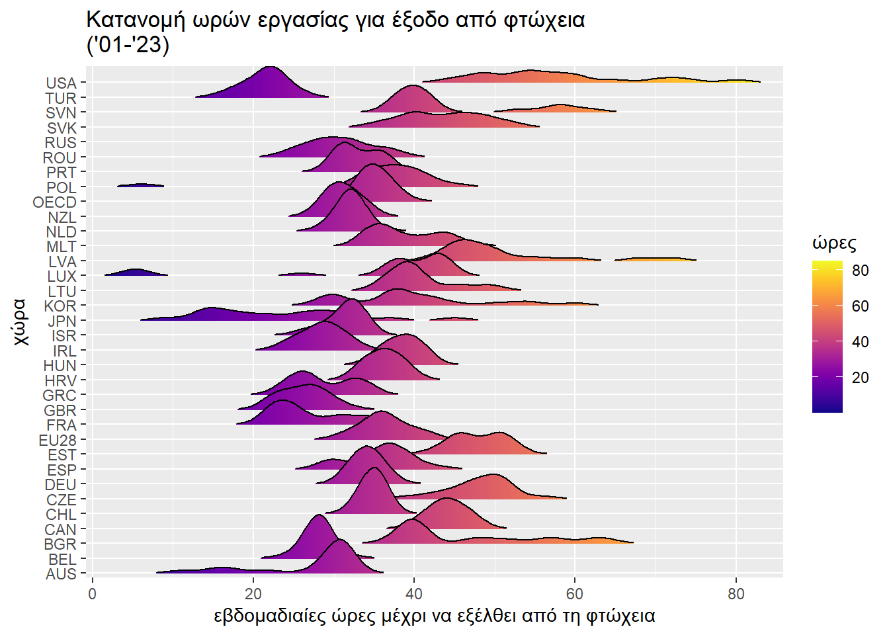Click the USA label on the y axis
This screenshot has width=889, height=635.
click(61, 83)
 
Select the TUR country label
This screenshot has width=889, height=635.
click(61, 99)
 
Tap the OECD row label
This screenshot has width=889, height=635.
click(55, 202)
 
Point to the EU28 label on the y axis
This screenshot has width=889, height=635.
click(58, 441)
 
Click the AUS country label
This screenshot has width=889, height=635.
click(61, 574)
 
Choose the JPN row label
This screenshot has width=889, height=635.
click(62, 321)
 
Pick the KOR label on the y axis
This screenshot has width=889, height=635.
click(60, 306)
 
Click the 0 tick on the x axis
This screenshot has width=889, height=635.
click(93, 594)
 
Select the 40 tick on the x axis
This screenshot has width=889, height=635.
click(414, 594)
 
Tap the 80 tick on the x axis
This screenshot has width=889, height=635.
click(736, 594)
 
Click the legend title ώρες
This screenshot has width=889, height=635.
click(834, 243)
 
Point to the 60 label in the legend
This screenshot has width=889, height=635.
click(860, 306)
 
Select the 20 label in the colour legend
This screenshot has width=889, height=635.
click(860, 378)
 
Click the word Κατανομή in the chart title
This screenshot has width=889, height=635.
click(136, 20)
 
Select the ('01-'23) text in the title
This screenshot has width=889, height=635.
click(128, 45)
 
